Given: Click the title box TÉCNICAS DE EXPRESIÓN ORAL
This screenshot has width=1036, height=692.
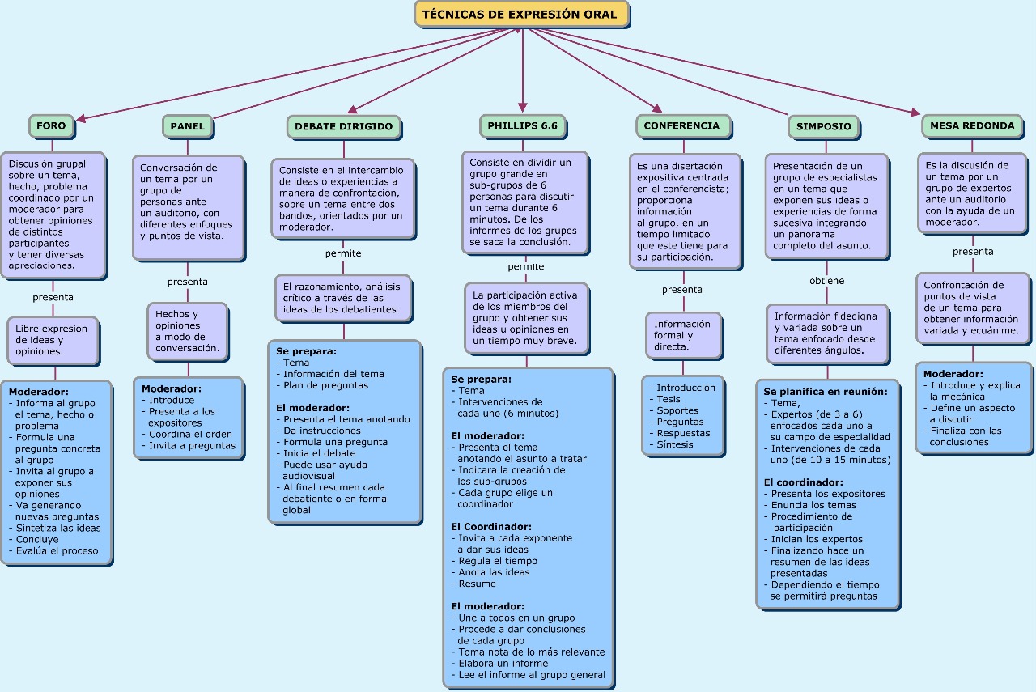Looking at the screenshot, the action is click(x=522, y=15).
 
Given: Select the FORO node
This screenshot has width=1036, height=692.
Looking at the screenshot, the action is click(x=51, y=125).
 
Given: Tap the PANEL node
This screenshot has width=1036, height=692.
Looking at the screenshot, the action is click(x=187, y=126).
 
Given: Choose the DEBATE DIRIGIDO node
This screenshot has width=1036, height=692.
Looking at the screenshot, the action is click(x=344, y=127).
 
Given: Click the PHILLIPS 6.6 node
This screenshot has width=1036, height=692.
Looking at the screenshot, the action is click(x=523, y=125).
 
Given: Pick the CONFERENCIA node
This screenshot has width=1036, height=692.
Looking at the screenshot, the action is click(x=682, y=125).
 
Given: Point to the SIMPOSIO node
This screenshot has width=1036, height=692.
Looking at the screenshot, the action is click(x=824, y=127).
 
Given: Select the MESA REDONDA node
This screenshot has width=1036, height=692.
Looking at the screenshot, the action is click(x=972, y=125).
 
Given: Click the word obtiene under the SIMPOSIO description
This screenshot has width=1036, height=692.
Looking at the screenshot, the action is click(x=827, y=281).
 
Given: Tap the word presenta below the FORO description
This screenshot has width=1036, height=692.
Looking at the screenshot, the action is click(x=53, y=297).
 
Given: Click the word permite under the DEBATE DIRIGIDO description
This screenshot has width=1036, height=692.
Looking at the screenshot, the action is click(x=343, y=253).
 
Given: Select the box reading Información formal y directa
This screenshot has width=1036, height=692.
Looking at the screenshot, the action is click(x=684, y=335).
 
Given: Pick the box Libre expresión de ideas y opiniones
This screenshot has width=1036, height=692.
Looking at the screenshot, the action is click(x=53, y=341).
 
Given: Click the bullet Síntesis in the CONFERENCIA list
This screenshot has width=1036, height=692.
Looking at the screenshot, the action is click(x=674, y=444).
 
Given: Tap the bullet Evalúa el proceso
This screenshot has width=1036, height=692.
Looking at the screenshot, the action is click(x=53, y=551).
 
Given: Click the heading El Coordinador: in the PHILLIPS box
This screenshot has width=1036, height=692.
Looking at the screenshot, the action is click(x=491, y=527).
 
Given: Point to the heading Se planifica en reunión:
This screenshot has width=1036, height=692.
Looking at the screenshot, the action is click(x=826, y=392).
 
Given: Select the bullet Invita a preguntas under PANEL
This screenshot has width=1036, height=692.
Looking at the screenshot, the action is click(x=189, y=445).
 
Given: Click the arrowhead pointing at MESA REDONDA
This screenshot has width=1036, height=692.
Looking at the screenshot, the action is click(x=915, y=113).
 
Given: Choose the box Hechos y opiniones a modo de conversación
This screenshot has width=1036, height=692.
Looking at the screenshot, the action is click(x=188, y=331).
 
